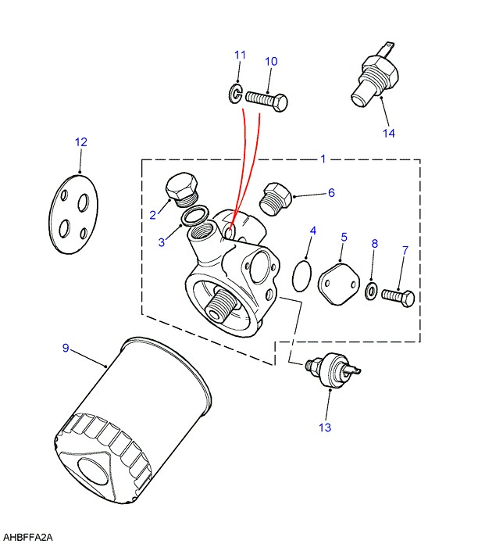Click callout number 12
tap(81, 142)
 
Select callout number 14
tap(389, 133)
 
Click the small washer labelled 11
tap(235, 95)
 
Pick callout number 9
tap(66, 348)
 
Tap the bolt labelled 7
tap(398, 298)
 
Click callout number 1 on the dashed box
tap(323, 159)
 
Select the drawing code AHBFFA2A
tap(29, 538)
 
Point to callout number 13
tap(325, 427)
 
